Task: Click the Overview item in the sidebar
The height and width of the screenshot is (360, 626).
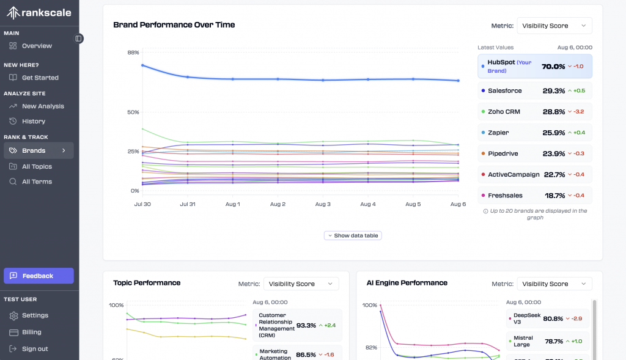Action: click(x=37, y=46)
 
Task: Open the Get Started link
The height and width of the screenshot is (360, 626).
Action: click(x=40, y=78)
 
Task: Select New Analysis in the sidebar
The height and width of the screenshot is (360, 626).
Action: click(x=43, y=106)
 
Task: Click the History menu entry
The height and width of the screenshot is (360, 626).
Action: click(x=34, y=121)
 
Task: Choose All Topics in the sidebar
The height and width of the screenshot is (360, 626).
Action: click(x=37, y=167)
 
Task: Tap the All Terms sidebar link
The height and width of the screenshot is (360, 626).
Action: click(x=37, y=182)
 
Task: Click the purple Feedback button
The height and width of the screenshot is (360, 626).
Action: click(x=39, y=276)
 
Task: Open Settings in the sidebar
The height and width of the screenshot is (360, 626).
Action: click(x=35, y=315)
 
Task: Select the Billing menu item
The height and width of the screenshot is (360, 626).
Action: click(x=32, y=332)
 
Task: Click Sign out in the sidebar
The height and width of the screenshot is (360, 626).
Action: click(x=35, y=349)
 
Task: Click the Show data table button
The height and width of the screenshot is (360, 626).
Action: click(x=353, y=235)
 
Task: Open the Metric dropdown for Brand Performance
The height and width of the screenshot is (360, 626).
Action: click(x=554, y=26)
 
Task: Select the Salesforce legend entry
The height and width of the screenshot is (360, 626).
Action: click(x=504, y=90)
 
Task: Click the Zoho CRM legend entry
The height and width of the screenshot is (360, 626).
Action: click(x=504, y=112)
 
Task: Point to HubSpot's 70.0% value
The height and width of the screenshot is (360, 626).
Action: click(x=553, y=66)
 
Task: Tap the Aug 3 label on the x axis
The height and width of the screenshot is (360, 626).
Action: click(x=323, y=204)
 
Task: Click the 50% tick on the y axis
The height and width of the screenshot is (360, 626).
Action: click(x=133, y=112)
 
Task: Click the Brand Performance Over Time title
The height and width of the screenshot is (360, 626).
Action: click(x=174, y=25)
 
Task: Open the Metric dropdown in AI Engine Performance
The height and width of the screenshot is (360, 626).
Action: click(x=554, y=284)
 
